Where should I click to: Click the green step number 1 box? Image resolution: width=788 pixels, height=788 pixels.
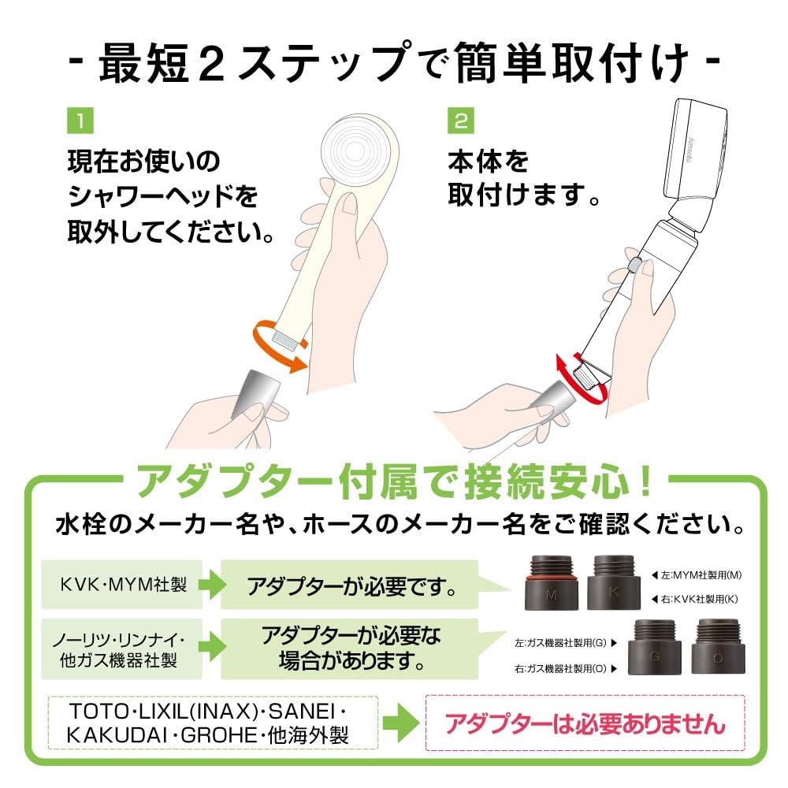[80, 122]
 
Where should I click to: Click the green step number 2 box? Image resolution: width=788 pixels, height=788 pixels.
[459, 122]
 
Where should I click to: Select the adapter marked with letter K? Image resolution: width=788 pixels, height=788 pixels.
[611, 583]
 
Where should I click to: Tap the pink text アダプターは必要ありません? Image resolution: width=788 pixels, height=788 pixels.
[583, 722]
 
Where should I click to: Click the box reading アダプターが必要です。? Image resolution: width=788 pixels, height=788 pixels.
[349, 585]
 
